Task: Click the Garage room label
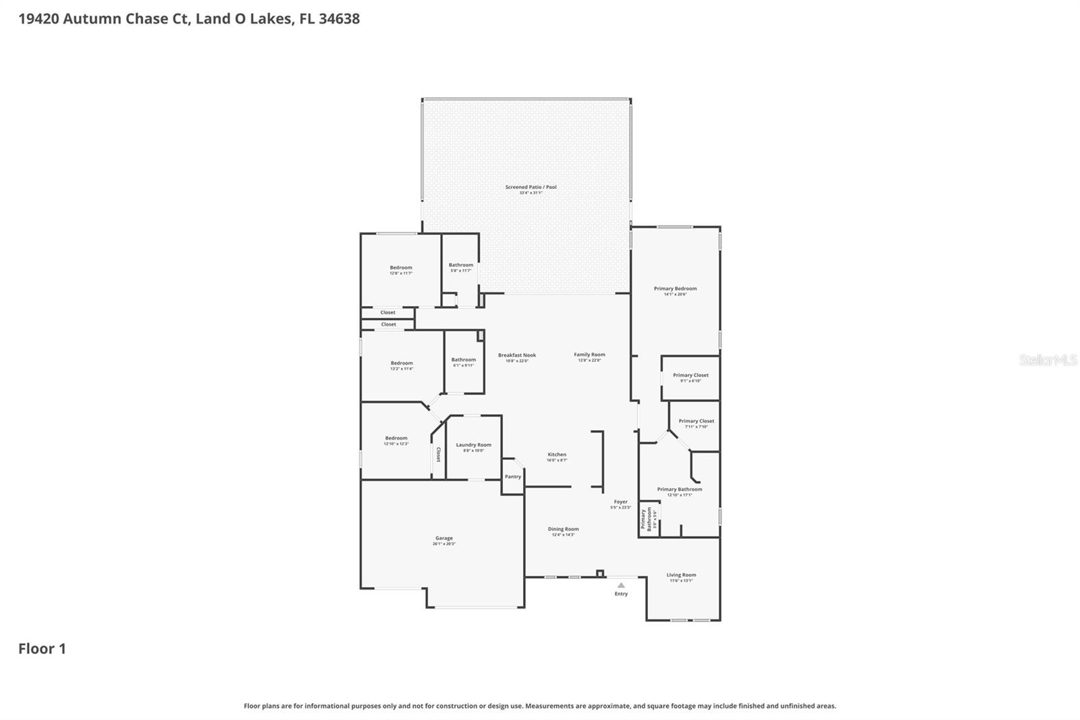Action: click(x=444, y=539)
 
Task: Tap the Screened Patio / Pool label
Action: click(x=531, y=188)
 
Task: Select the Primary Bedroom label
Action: click(x=675, y=289)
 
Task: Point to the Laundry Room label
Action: click(x=473, y=445)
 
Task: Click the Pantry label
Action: click(x=513, y=477)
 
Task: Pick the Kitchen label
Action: click(x=557, y=455)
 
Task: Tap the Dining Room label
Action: click(x=563, y=530)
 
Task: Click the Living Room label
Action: click(x=681, y=575)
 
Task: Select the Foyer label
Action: click(x=620, y=503)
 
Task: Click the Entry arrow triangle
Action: click(x=621, y=586)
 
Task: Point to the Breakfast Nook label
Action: click(x=517, y=355)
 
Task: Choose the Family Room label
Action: click(x=589, y=355)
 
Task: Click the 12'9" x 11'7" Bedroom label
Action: click(x=401, y=268)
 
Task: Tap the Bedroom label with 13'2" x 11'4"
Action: click(x=402, y=363)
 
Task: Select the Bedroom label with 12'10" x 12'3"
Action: click(x=396, y=438)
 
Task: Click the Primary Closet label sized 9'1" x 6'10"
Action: click(x=691, y=376)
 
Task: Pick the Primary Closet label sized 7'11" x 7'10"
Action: click(x=696, y=421)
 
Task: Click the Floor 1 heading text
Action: click(x=42, y=649)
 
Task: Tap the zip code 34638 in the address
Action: click(x=339, y=19)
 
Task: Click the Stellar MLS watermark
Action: click(x=1048, y=361)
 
